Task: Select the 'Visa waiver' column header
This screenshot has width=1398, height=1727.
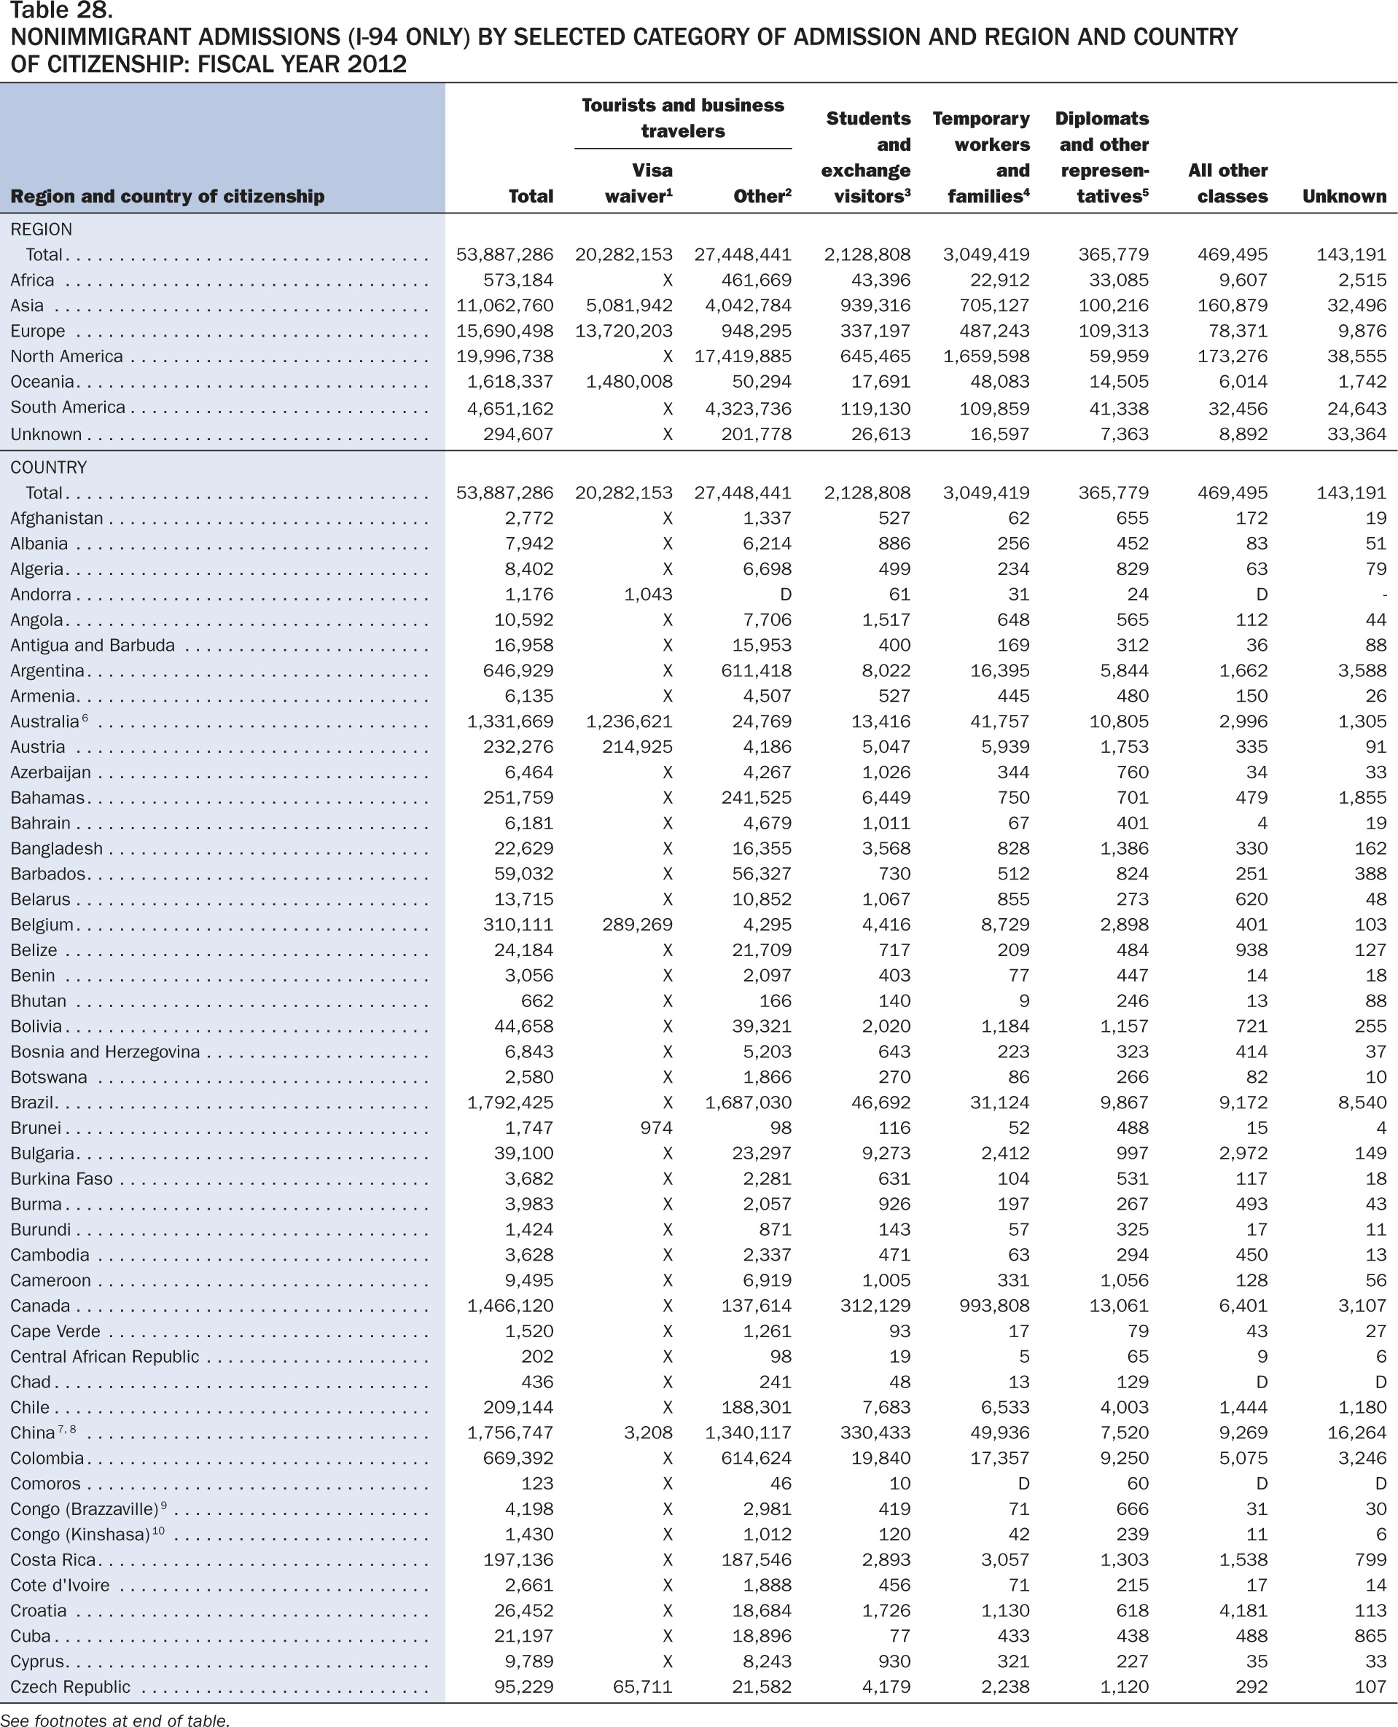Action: pyautogui.click(x=639, y=183)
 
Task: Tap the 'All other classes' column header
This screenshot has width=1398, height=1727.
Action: pyautogui.click(x=1227, y=183)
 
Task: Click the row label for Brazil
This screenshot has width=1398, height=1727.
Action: pyautogui.click(x=32, y=1103)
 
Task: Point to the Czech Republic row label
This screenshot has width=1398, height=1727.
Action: pyautogui.click(x=70, y=1687)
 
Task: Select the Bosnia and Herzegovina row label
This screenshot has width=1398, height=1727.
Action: pyautogui.click(x=105, y=1052)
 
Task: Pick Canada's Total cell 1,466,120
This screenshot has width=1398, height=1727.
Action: pyautogui.click(x=509, y=1306)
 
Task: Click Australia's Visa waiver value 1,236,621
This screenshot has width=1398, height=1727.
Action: pyautogui.click(x=629, y=721)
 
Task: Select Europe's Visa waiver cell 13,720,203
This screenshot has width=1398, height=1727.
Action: pyautogui.click(x=623, y=331)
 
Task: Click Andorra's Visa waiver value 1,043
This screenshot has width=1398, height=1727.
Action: pyautogui.click(x=648, y=594)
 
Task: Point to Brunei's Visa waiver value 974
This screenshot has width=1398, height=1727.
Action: pyautogui.click(x=656, y=1128)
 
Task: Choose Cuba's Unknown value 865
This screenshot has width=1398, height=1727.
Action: pyautogui.click(x=1370, y=1636)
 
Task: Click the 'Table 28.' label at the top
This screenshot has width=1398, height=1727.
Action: pyautogui.click(x=61, y=10)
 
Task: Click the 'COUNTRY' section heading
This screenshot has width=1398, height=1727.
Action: pyautogui.click(x=48, y=468)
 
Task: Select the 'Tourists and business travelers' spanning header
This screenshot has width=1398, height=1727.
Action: pyautogui.click(x=683, y=117)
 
